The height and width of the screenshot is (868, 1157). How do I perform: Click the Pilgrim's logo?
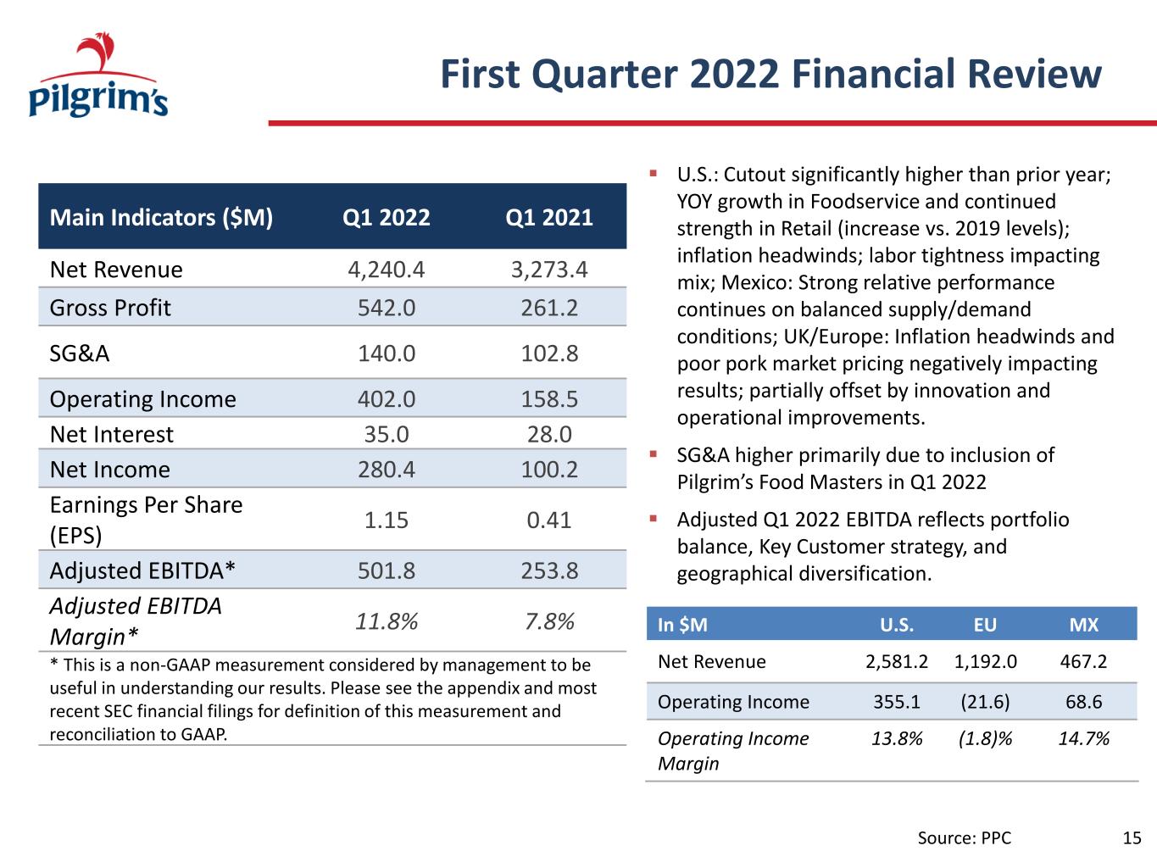[98, 75]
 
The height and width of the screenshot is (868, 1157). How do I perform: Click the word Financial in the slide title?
[873, 74]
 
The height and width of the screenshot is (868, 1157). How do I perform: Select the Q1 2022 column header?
[387, 217]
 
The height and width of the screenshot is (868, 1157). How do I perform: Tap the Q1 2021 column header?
[549, 217]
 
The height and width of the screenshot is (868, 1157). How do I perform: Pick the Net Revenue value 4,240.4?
[387, 270]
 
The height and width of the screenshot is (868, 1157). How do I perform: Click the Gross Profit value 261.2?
[549, 308]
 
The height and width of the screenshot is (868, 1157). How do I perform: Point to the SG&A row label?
[80, 353]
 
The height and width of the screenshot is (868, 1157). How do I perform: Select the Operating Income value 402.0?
[387, 399]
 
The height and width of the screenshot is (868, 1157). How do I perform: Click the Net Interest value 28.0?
[549, 434]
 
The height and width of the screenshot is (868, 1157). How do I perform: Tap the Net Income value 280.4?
[387, 470]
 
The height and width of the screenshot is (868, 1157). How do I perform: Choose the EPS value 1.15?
[387, 520]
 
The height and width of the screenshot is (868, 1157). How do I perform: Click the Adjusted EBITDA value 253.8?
[549, 570]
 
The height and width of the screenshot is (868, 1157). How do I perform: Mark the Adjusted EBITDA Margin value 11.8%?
[387, 621]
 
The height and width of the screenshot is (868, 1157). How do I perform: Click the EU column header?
[985, 625]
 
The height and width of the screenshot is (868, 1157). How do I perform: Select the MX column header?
[1084, 625]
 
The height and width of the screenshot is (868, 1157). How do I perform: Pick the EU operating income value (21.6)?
[985, 702]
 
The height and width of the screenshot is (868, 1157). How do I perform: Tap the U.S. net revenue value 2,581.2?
[897, 661]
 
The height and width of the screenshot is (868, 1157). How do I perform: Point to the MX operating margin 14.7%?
[1084, 739]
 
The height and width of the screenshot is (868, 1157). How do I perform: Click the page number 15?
[1132, 838]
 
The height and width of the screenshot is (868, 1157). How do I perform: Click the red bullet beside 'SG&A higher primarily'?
[653, 453]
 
